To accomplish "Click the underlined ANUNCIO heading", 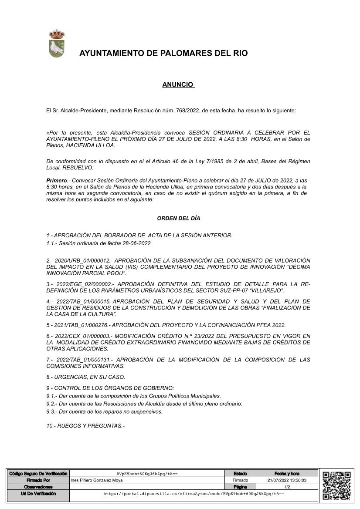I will tap(178, 85).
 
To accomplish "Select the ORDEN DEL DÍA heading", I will tap(178, 219).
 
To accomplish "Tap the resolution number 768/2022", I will tap(185, 111).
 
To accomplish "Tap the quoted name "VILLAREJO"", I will tap(268, 290).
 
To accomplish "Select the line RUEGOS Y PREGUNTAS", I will tap(85, 425).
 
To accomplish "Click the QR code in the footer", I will tap(336, 486).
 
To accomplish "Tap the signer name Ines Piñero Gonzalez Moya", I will tap(96, 480).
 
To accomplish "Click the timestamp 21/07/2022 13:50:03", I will tap(287, 480).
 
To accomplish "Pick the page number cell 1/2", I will tap(287, 487).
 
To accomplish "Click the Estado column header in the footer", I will tap(240, 473).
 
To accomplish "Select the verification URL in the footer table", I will tap(194, 494).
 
